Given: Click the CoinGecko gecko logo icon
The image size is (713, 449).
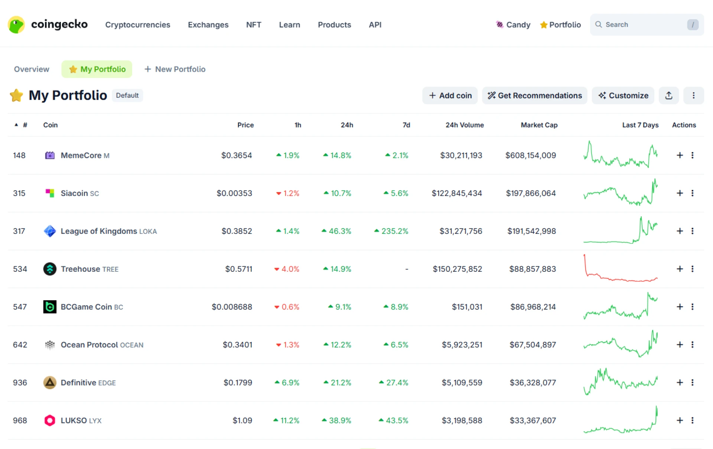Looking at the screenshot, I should [x=16, y=25].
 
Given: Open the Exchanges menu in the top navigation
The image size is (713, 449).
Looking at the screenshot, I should [x=208, y=25].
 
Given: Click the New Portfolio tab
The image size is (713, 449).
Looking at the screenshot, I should [x=175, y=69].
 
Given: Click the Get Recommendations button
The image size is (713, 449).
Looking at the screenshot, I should [x=534, y=96].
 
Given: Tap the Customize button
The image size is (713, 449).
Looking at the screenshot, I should [x=623, y=96].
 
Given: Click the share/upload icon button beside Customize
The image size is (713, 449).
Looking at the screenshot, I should [x=668, y=96].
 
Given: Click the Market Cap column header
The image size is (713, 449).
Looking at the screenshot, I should [x=539, y=125].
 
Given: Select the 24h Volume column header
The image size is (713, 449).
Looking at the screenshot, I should [x=464, y=125].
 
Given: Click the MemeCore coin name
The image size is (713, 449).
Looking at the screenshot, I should [x=81, y=155].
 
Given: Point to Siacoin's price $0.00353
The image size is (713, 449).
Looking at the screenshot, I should [x=234, y=193].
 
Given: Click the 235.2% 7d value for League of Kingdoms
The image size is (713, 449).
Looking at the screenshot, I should [x=394, y=231].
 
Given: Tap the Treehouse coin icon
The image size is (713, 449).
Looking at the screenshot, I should [x=50, y=269].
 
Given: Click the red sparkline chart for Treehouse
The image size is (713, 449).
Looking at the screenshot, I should [x=620, y=269].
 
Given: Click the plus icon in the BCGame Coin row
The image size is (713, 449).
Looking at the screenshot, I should [x=680, y=307].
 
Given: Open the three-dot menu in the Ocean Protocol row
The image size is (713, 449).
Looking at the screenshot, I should [x=692, y=345].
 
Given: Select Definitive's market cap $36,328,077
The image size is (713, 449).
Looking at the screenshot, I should [x=533, y=382].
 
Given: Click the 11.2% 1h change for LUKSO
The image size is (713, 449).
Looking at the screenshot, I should [x=289, y=420].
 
